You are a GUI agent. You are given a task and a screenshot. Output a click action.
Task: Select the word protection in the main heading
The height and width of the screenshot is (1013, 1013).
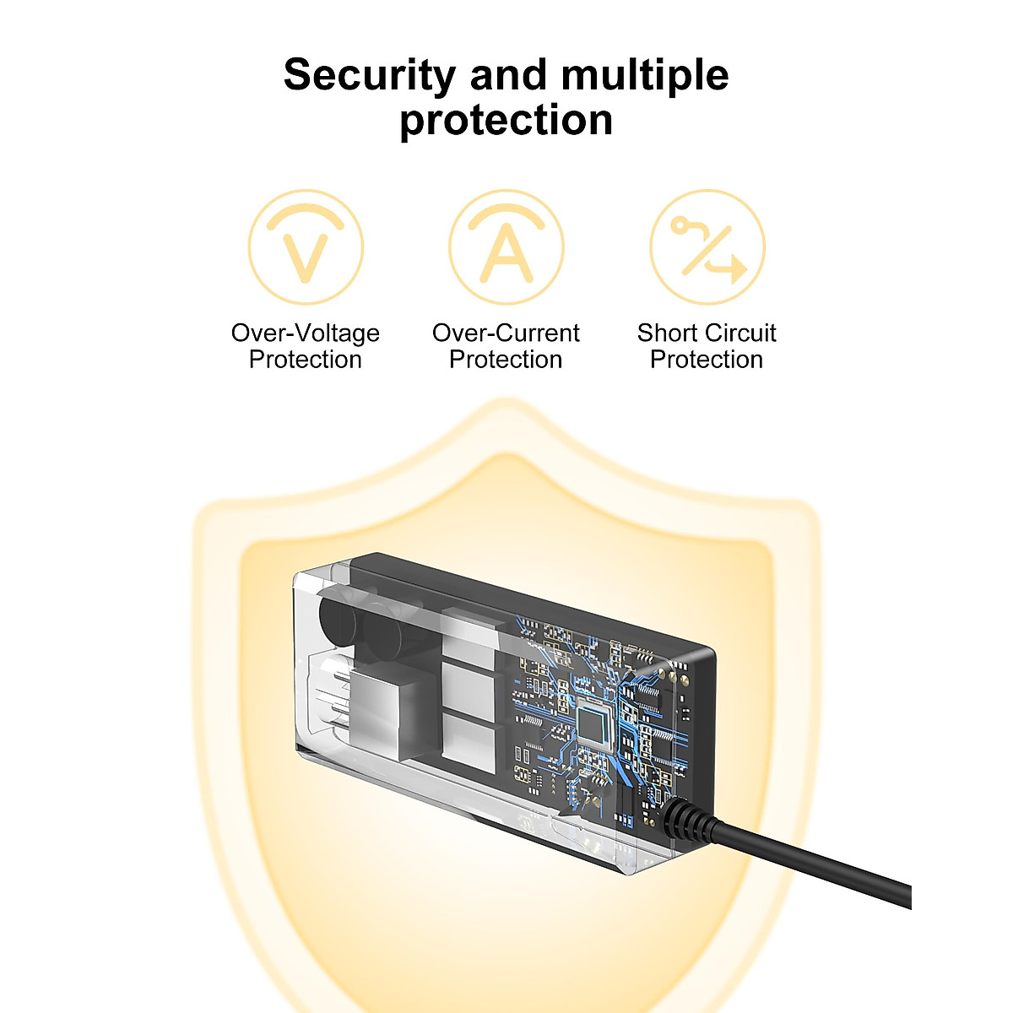pos(506,121)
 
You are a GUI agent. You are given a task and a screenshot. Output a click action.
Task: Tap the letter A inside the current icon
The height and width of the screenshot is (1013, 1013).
pos(506,252)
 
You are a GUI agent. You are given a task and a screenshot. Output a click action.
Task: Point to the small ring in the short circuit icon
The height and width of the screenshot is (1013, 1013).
pos(680,226)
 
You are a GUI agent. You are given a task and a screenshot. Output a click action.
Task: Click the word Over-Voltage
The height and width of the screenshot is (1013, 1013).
pos(306,333)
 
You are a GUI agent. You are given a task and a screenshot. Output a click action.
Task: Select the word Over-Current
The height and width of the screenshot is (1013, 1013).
pos(506,333)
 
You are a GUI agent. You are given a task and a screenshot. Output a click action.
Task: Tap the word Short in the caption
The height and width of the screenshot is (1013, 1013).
pos(668,333)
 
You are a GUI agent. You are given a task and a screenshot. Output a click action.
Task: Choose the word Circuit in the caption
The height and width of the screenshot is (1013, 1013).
pos(741,333)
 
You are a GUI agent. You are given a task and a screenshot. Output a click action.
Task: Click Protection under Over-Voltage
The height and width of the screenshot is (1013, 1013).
pos(306,360)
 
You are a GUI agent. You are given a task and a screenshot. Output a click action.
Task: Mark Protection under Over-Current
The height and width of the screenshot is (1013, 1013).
pos(506,360)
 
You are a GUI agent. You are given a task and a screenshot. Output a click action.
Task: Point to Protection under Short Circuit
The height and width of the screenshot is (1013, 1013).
pos(707,360)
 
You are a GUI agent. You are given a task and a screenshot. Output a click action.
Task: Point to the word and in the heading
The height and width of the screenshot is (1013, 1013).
pos(508,75)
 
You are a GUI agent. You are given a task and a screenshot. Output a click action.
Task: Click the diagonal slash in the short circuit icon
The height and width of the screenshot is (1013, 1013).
pos(707,251)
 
